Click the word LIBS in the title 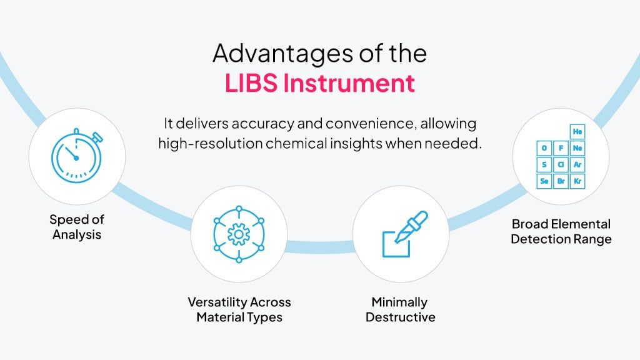tap(251, 83)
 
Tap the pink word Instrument tap(349, 83)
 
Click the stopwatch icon tap(77, 156)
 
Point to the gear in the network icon tap(239, 234)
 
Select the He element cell tap(577, 131)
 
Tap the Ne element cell tap(577, 148)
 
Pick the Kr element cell tap(577, 181)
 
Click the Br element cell tap(561, 181)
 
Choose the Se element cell tap(544, 181)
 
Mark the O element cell tap(544, 148)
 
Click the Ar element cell tap(577, 164)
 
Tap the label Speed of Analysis tap(77, 227)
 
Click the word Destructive tap(401, 317)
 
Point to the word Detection tap(535, 239)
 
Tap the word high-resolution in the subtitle tap(210, 144)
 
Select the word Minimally tap(399, 302)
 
